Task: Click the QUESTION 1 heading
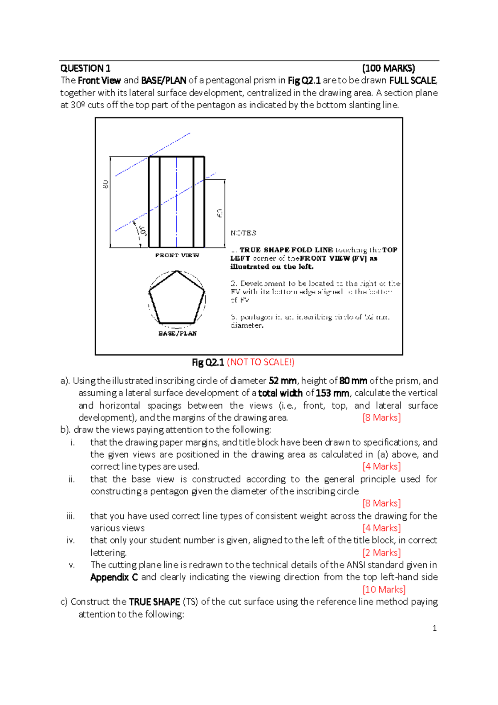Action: (x=85, y=68)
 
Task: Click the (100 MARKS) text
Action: (x=388, y=68)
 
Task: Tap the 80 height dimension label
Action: (x=106, y=184)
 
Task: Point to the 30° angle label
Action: (x=142, y=231)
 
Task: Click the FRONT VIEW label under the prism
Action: (x=177, y=255)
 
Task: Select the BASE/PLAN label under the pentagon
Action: (x=178, y=334)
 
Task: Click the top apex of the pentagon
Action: (x=177, y=271)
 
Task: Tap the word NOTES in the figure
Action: (x=243, y=233)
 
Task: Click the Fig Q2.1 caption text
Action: (x=207, y=362)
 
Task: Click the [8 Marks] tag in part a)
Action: (x=381, y=417)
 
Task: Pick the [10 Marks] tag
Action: (x=384, y=589)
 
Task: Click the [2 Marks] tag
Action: (x=381, y=553)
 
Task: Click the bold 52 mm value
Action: (x=283, y=381)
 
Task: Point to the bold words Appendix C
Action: (x=114, y=577)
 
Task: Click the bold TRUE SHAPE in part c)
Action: (x=154, y=602)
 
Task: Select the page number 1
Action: (x=435, y=628)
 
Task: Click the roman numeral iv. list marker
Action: (x=71, y=540)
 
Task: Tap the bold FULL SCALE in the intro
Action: (x=413, y=81)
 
